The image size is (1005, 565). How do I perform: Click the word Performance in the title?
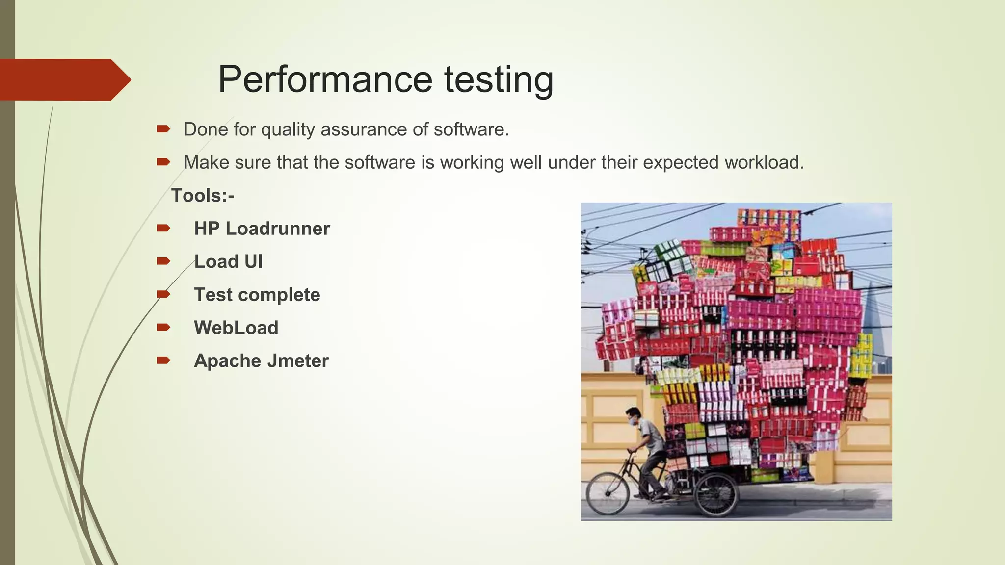pyautogui.click(x=325, y=79)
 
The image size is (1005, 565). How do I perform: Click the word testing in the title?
pyautogui.click(x=499, y=80)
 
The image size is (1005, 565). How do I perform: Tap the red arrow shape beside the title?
pyautogui.click(x=64, y=80)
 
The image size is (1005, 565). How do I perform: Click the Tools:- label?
pyautogui.click(x=202, y=196)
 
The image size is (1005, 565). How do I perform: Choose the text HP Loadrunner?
pyautogui.click(x=262, y=229)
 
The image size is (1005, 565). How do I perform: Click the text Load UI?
pyautogui.click(x=228, y=261)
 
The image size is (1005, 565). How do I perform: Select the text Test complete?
pyautogui.click(x=257, y=295)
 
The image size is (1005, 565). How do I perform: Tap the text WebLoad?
pyautogui.click(x=236, y=328)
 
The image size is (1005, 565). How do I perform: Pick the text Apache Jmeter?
pyautogui.click(x=261, y=361)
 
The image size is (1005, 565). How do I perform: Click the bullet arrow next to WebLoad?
pyautogui.click(x=163, y=327)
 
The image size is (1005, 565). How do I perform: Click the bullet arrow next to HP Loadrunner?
pyautogui.click(x=163, y=228)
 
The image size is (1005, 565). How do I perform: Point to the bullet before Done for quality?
pyautogui.click(x=163, y=129)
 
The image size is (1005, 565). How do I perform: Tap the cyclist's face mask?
pyautogui.click(x=632, y=420)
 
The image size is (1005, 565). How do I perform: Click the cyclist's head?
pyautogui.click(x=635, y=414)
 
